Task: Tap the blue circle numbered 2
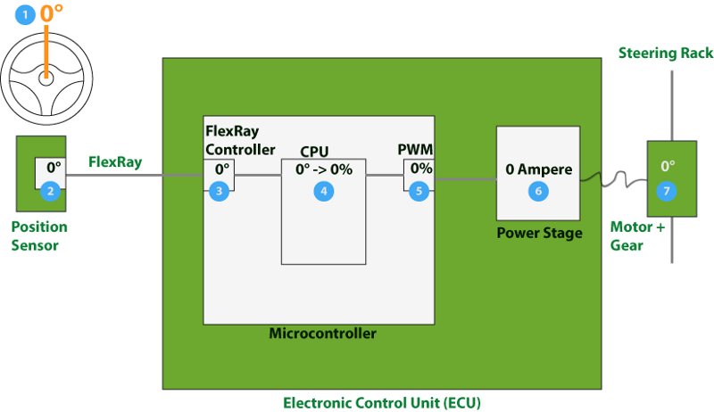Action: pyautogui.click(x=51, y=190)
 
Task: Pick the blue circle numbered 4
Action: pyautogui.click(x=324, y=190)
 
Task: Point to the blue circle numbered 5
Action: pyautogui.click(x=417, y=190)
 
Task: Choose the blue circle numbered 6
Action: pyautogui.click(x=538, y=190)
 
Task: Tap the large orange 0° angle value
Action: pyautogui.click(x=52, y=14)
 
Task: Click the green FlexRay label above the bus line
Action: pyautogui.click(x=115, y=162)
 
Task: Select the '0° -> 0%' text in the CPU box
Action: pyautogui.click(x=324, y=169)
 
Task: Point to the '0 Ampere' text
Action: pyautogui.click(x=538, y=169)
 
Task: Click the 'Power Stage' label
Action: pyautogui.click(x=538, y=234)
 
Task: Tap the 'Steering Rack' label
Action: pyautogui.click(x=666, y=54)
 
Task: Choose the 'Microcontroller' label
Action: pyautogui.click(x=322, y=334)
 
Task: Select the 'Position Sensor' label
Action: pyautogui.click(x=39, y=235)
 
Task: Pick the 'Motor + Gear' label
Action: pyautogui.click(x=637, y=235)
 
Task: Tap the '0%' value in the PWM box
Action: pyautogui.click(x=421, y=169)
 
